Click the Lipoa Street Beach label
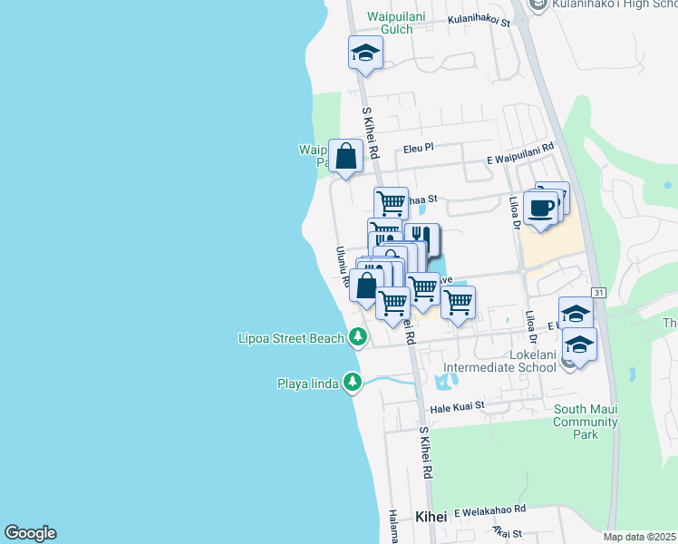292,338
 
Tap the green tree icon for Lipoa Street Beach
358,337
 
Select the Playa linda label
307,384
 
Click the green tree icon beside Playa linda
353,384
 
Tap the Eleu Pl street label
419,146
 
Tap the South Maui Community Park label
586,422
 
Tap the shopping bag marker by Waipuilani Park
346,155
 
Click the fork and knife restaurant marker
421,238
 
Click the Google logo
30,533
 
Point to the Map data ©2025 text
640,537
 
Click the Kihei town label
431,516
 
